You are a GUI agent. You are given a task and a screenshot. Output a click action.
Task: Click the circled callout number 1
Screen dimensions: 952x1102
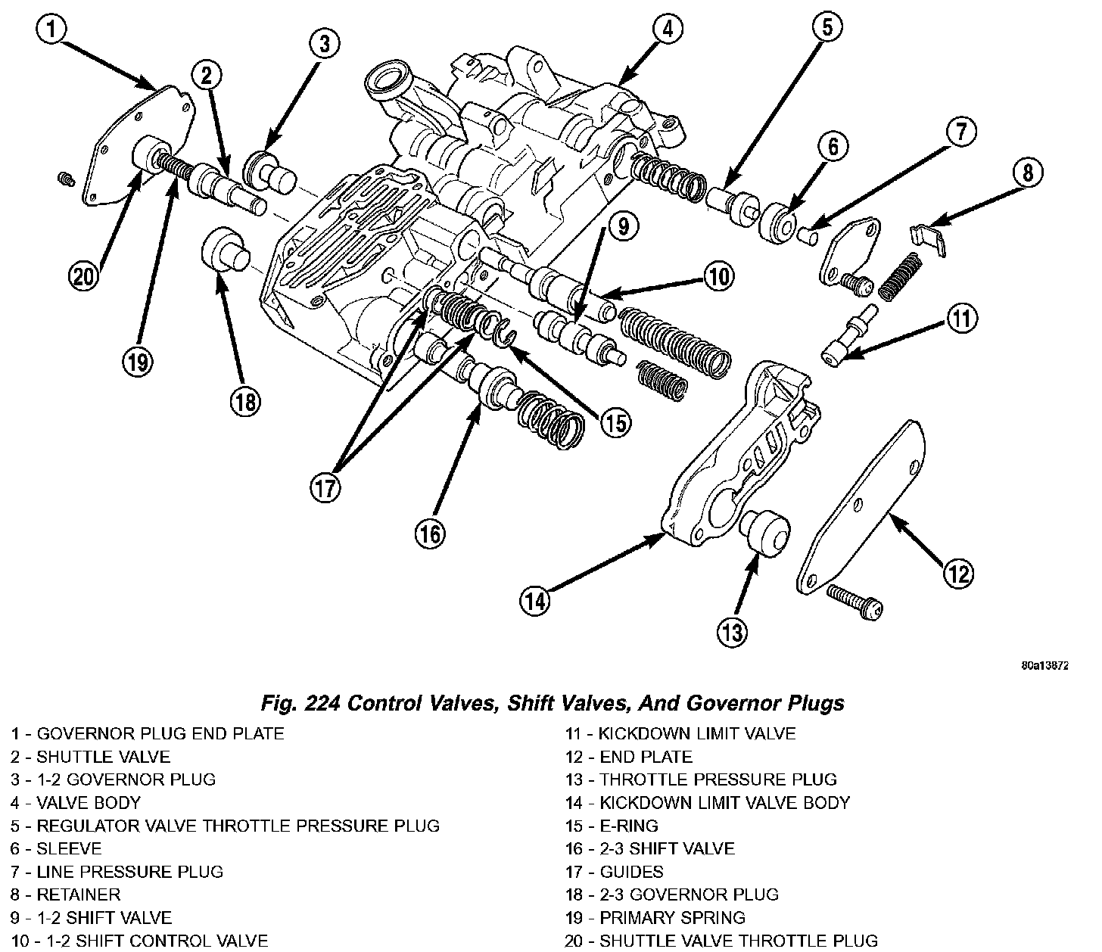tap(51, 31)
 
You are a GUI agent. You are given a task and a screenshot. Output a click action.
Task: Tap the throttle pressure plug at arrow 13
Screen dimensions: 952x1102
tap(767, 528)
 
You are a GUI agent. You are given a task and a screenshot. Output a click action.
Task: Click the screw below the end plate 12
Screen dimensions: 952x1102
tap(855, 601)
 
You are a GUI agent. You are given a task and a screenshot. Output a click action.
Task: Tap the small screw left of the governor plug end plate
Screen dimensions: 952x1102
tap(66, 179)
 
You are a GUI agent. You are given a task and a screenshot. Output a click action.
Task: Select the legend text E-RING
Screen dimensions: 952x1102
tap(629, 826)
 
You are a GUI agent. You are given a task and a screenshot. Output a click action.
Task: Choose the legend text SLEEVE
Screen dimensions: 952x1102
tap(69, 849)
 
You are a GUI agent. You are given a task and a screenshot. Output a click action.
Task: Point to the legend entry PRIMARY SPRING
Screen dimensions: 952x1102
tap(672, 918)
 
